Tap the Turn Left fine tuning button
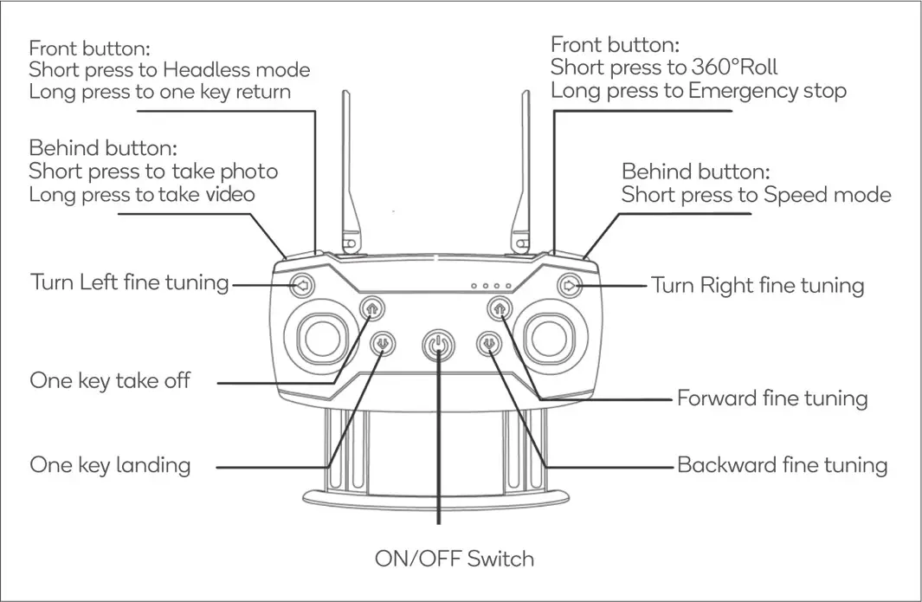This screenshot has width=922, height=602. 302,284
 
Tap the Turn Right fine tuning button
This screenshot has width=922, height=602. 568,284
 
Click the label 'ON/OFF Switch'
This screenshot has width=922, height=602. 455,559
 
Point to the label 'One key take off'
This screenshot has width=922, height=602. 110,381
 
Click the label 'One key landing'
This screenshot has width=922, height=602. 110,465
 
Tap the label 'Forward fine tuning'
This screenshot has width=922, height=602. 772,398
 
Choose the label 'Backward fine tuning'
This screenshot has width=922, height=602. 782,465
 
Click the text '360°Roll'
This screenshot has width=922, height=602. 734,68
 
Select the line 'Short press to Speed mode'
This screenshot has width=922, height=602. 756,195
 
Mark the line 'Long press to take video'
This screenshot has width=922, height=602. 142,194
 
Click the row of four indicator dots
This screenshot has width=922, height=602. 492,285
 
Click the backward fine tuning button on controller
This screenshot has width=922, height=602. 490,345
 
